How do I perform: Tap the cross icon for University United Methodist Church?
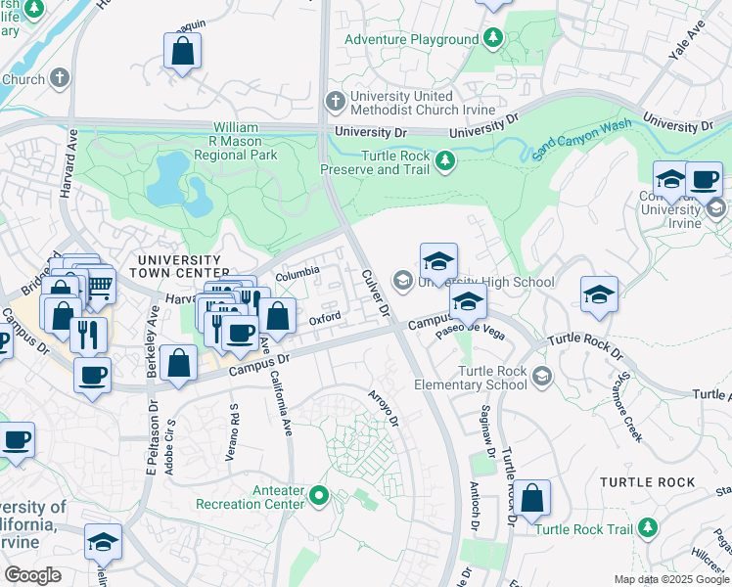[x=335, y=102]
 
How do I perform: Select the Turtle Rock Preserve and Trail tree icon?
[x=446, y=160]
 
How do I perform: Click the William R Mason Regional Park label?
[x=236, y=141]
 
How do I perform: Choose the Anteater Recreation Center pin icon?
[x=318, y=497]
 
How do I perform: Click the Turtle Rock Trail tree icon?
[x=647, y=528]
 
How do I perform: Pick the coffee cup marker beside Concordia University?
[x=704, y=181]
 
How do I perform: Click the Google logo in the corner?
[x=32, y=574]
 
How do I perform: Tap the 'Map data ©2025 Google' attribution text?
[x=671, y=579]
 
